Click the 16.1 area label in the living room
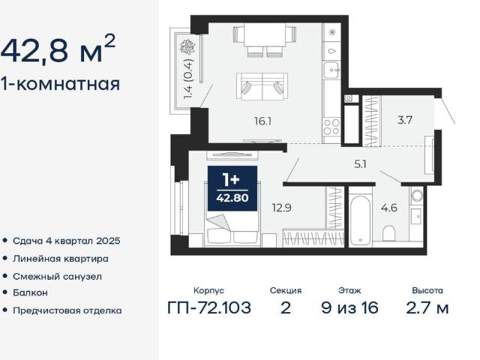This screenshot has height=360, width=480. pyautogui.click(x=263, y=121)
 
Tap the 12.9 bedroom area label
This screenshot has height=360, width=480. pyautogui.click(x=282, y=208)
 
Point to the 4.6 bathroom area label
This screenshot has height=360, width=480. pyautogui.click(x=389, y=208)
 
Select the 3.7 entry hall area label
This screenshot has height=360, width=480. pyautogui.click(x=405, y=120)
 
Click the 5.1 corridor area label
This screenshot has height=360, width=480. pyautogui.click(x=360, y=164)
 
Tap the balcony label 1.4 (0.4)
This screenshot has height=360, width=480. pyautogui.click(x=189, y=79)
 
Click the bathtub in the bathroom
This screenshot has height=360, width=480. pyautogui.click(x=360, y=220)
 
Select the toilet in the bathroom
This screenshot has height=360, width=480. pyautogui.click(x=389, y=234)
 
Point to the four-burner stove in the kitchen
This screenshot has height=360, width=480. pyautogui.click(x=331, y=127)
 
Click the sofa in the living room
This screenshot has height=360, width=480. pyautogui.click(x=262, y=87)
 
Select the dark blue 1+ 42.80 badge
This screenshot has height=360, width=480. pyautogui.click(x=232, y=188)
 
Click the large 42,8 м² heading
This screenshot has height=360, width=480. pyautogui.click(x=58, y=49)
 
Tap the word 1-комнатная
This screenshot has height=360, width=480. pyautogui.click(x=60, y=83)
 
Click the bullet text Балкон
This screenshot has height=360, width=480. pyautogui.click(x=30, y=292)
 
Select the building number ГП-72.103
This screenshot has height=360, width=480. pyautogui.click(x=209, y=307)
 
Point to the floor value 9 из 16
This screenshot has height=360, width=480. pyautogui.click(x=350, y=307)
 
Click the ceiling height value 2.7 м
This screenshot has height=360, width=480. pyautogui.click(x=427, y=307)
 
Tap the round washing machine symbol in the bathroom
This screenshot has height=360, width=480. pyautogui.click(x=417, y=195)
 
